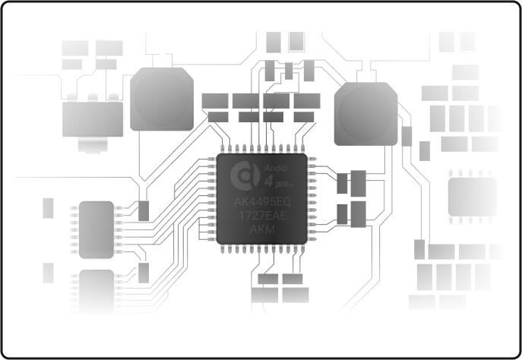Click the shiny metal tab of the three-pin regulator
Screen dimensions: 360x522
coord(93,145)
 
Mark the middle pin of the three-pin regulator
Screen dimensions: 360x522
coord(93,97)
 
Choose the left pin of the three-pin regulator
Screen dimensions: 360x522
coord(72,97)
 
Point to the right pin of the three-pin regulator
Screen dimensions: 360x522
coord(113,97)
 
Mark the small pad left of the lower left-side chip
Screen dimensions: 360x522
coord(49,271)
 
